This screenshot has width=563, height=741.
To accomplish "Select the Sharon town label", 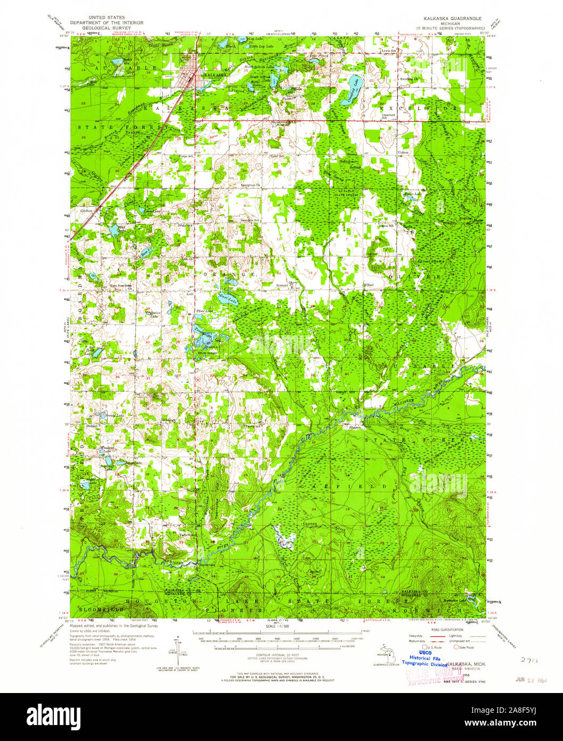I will coord(355,427).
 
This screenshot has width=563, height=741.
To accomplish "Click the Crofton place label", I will coord(87,211).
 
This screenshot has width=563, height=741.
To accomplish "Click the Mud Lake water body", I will coord(113,230).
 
